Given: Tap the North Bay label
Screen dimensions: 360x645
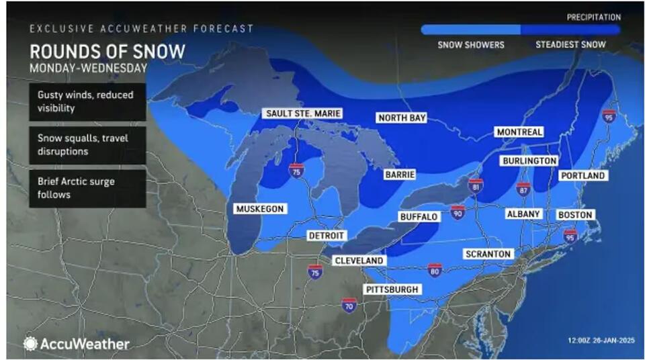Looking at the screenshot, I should tap(402, 118).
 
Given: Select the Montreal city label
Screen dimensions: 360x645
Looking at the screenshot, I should tap(519, 132).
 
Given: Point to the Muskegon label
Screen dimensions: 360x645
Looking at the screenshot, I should tap(259, 209).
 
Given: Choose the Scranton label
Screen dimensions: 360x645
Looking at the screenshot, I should tap(488, 254).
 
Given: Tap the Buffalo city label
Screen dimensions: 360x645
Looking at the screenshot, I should tap(419, 217).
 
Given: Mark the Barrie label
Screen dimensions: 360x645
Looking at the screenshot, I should tap(400, 175).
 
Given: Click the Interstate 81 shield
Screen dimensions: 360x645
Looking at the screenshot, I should tap(476, 185).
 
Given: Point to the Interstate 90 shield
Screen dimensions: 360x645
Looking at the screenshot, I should tap(458, 212).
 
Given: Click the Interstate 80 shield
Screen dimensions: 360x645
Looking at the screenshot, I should tap(435, 270).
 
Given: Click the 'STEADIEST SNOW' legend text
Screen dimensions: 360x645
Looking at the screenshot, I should tap(570, 45).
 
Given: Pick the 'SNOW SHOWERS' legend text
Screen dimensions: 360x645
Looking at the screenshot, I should tap(470, 45).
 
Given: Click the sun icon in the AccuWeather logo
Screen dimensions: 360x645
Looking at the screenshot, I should tap(31, 343).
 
